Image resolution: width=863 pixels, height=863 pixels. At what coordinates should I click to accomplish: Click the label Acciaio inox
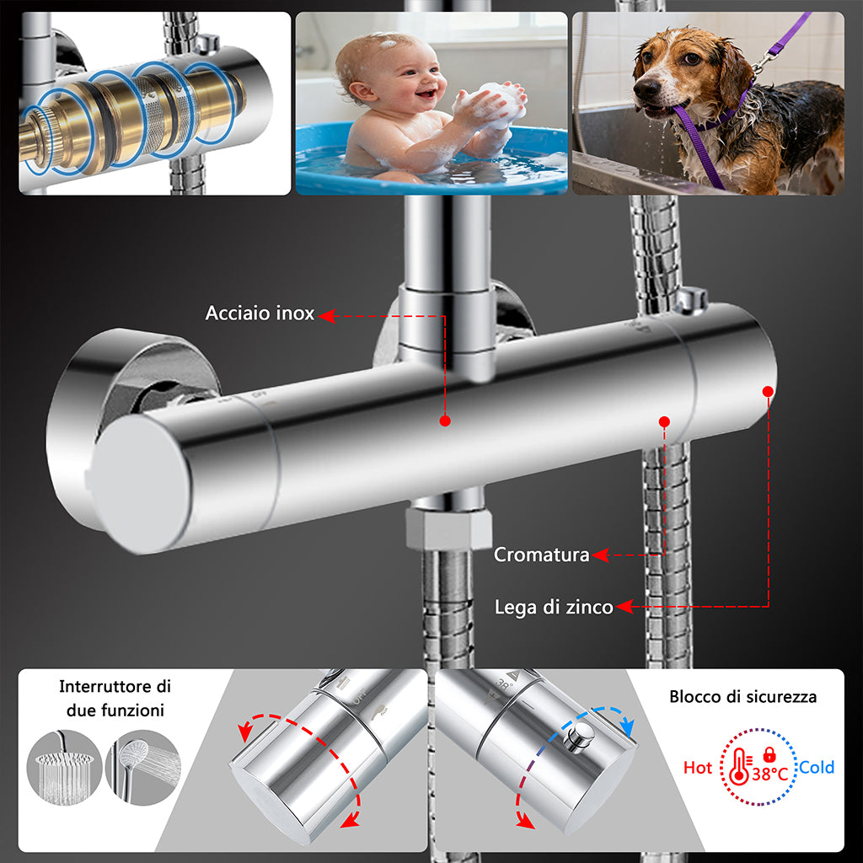(260, 314)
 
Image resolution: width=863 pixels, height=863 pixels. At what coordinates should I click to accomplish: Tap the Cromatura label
(541, 555)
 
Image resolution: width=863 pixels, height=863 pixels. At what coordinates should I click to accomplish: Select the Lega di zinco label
(553, 607)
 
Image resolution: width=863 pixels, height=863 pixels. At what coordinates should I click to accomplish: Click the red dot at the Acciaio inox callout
(445, 420)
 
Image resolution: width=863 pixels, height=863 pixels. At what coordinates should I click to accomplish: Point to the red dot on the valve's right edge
(768, 390)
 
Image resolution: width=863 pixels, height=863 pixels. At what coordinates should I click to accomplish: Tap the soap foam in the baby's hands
(493, 105)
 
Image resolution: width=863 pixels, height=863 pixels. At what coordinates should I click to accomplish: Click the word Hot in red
(697, 768)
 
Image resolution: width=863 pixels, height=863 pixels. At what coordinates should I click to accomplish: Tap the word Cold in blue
(817, 767)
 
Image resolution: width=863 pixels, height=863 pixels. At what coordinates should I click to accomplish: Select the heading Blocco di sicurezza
(742, 697)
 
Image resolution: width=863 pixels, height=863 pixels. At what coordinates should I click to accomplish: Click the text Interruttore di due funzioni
(115, 699)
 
